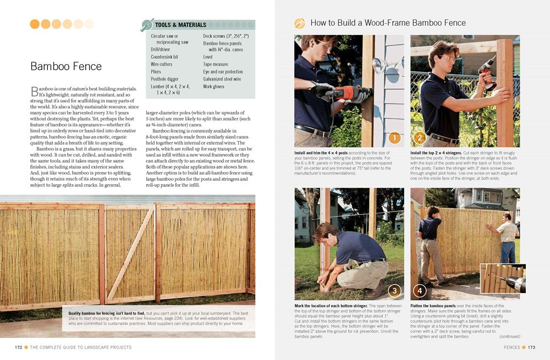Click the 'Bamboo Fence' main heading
pyautogui.click(x=66, y=67)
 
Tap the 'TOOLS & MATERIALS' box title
pyautogui.click(x=180, y=25)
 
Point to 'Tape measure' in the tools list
pyautogui.click(x=216, y=64)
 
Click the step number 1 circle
pyautogui.click(x=394, y=137)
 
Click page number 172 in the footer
pyautogui.click(x=18, y=347)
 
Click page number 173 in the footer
pyautogui.click(x=531, y=347)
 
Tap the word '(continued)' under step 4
pyautogui.click(x=510, y=336)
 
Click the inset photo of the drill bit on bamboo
pyautogui.click(x=503, y=279)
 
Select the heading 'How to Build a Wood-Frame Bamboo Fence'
pyautogui.click(x=388, y=23)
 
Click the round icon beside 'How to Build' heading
pyautogui.click(x=300, y=23)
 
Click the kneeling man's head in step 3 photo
pyautogui.click(x=324, y=232)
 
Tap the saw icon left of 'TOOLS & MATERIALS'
pyautogui.click(x=147, y=25)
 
